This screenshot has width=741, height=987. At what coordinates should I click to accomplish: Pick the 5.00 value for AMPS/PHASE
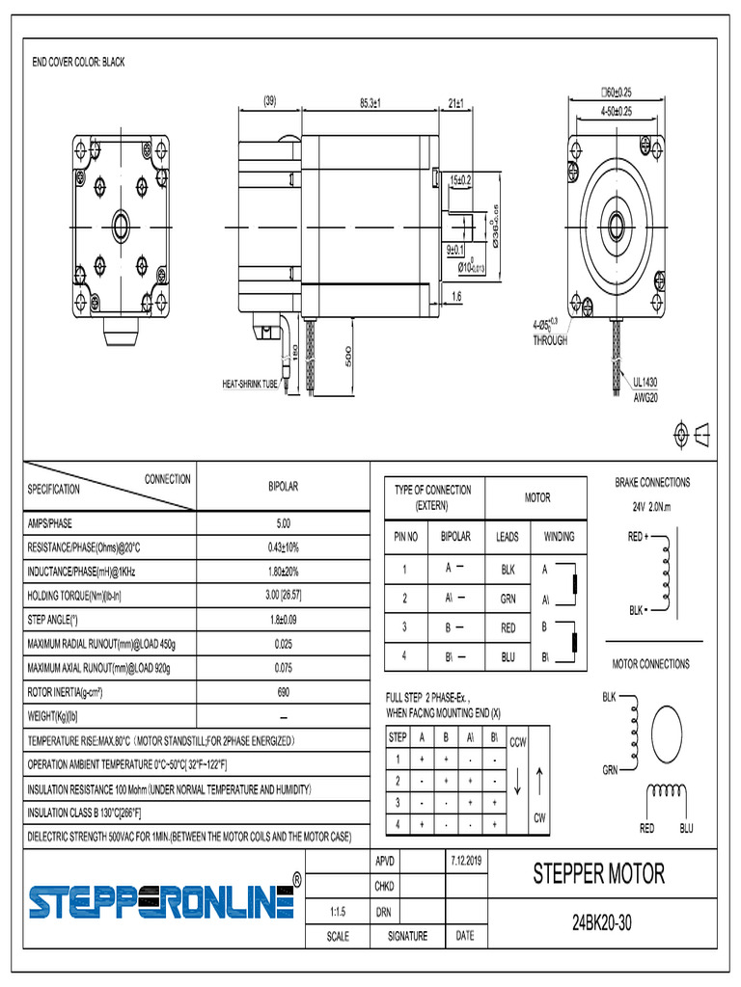pos(283,523)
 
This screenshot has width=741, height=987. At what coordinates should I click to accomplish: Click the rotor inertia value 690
pos(283,692)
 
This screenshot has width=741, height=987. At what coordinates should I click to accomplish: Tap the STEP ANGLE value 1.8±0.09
pos(283,620)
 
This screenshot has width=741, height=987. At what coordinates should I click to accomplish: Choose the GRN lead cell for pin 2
pos(508,599)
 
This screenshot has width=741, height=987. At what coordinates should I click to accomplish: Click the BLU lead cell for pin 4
pos(508,657)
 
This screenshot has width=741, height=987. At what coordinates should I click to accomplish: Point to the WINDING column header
pos(559,537)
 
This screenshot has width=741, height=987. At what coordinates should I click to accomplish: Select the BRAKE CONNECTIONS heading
pos(652,482)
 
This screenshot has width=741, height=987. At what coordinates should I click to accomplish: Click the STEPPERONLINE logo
pos(160,900)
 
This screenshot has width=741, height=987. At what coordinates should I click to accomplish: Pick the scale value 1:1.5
pos(338,911)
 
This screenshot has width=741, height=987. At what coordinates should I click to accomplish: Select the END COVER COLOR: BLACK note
pos(79,63)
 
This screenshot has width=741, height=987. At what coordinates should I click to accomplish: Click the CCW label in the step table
pos(517,741)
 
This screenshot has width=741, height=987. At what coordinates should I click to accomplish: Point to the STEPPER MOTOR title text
pos(598,874)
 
